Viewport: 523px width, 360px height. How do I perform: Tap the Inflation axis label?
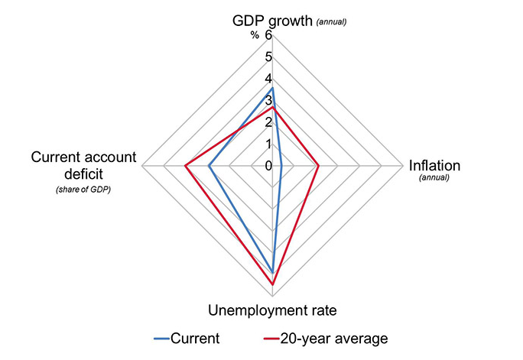coord(434,166)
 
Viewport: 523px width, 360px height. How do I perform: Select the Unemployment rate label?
coord(273,310)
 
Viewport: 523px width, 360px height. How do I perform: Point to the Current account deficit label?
coord(83,165)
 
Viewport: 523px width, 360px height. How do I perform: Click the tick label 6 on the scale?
coord(268,35)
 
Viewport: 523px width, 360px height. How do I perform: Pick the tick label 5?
coord(268,57)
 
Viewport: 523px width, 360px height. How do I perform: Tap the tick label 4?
coord(268,79)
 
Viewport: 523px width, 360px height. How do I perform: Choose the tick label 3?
coord(268,100)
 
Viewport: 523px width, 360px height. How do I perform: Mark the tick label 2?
coord(268,122)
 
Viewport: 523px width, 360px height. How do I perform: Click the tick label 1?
coord(268,144)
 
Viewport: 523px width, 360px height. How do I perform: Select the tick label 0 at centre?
coord(268,166)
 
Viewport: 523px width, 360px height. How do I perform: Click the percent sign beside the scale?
coord(255,35)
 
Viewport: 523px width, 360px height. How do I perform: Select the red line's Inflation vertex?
coord(318,165)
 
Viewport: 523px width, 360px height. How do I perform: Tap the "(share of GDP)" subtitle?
coord(83,190)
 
